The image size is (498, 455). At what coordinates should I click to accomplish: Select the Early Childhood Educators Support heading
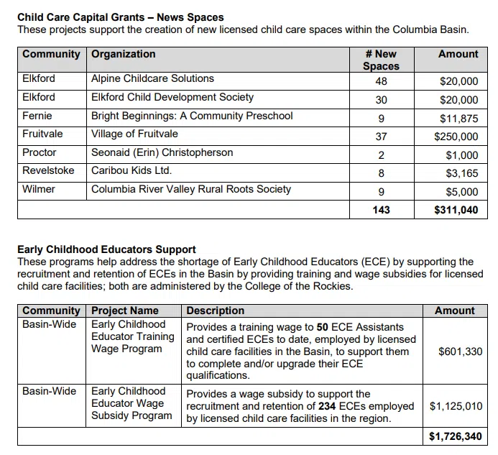[106, 249]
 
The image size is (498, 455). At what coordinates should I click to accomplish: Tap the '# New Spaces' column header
[381, 60]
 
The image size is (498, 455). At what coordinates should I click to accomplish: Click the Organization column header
[123, 54]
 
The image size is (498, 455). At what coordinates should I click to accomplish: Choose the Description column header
[215, 311]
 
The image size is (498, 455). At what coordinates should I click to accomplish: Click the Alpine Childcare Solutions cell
[152, 79]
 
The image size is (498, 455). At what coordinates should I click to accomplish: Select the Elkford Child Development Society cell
[172, 97]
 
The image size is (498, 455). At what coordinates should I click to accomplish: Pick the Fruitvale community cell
[42, 134]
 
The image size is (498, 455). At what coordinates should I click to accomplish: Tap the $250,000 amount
[456, 137]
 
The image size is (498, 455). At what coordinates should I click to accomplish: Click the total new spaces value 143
[381, 210]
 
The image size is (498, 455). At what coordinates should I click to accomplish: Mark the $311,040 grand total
[456, 210]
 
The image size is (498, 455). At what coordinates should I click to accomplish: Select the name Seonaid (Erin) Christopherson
[162, 152]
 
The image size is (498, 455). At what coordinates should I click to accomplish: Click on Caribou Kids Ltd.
[132, 171]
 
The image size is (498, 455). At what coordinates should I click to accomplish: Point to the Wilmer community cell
[39, 189]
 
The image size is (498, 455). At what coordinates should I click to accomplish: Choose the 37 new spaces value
[381, 137]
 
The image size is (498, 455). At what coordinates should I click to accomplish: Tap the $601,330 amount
[460, 351]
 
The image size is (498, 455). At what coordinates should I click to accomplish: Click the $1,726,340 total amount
[456, 436]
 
